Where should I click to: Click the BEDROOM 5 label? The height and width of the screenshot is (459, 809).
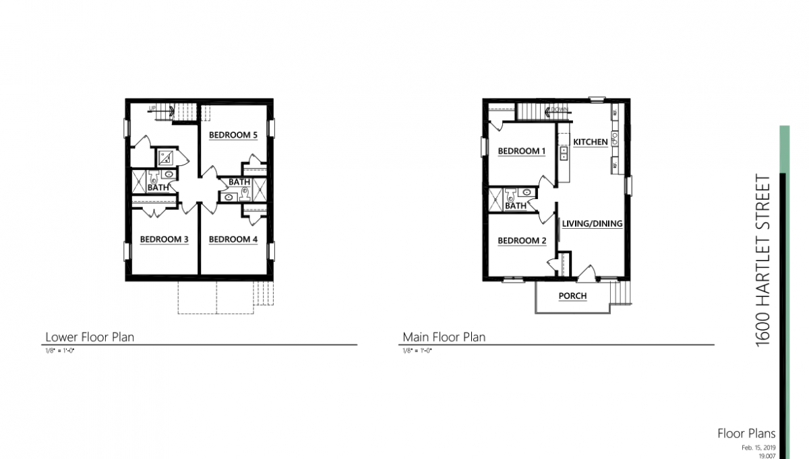pos(233,135)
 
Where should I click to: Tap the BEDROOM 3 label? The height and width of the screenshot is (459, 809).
pos(164,240)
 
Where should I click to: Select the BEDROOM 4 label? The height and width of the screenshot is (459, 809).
pos(233,240)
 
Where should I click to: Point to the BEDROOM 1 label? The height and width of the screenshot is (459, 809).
pos(522,151)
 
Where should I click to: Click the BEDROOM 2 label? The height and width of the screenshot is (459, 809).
pos(522,241)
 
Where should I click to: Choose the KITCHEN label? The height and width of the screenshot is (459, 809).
pos(591,142)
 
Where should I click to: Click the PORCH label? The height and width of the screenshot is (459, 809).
pos(572,296)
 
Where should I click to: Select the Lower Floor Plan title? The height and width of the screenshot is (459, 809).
pos(90,337)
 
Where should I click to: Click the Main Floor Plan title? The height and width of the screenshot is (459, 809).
pos(444,337)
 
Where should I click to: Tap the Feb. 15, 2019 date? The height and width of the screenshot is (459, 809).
pos(758,448)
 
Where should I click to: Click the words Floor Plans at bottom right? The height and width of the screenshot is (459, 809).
pos(746,434)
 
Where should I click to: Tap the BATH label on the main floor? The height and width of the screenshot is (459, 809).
pos(516,206)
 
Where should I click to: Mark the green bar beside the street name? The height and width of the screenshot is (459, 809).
pos(783,148)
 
